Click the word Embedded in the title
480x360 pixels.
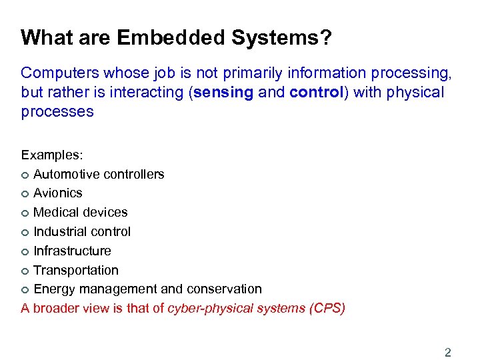pyautogui.click(x=171, y=37)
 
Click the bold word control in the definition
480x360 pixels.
pyautogui.click(x=316, y=92)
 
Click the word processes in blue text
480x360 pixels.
pyautogui.click(x=57, y=111)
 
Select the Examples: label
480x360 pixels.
pyautogui.click(x=52, y=155)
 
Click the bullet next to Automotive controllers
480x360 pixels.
pyautogui.click(x=25, y=175)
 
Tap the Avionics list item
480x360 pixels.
pyautogui.click(x=58, y=193)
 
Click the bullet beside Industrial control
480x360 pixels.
pyautogui.click(x=25, y=233)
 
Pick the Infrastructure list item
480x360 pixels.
pyautogui.click(x=72, y=251)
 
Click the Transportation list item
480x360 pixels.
pyautogui.click(x=76, y=271)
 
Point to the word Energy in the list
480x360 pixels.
pyautogui.click(x=53, y=289)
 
